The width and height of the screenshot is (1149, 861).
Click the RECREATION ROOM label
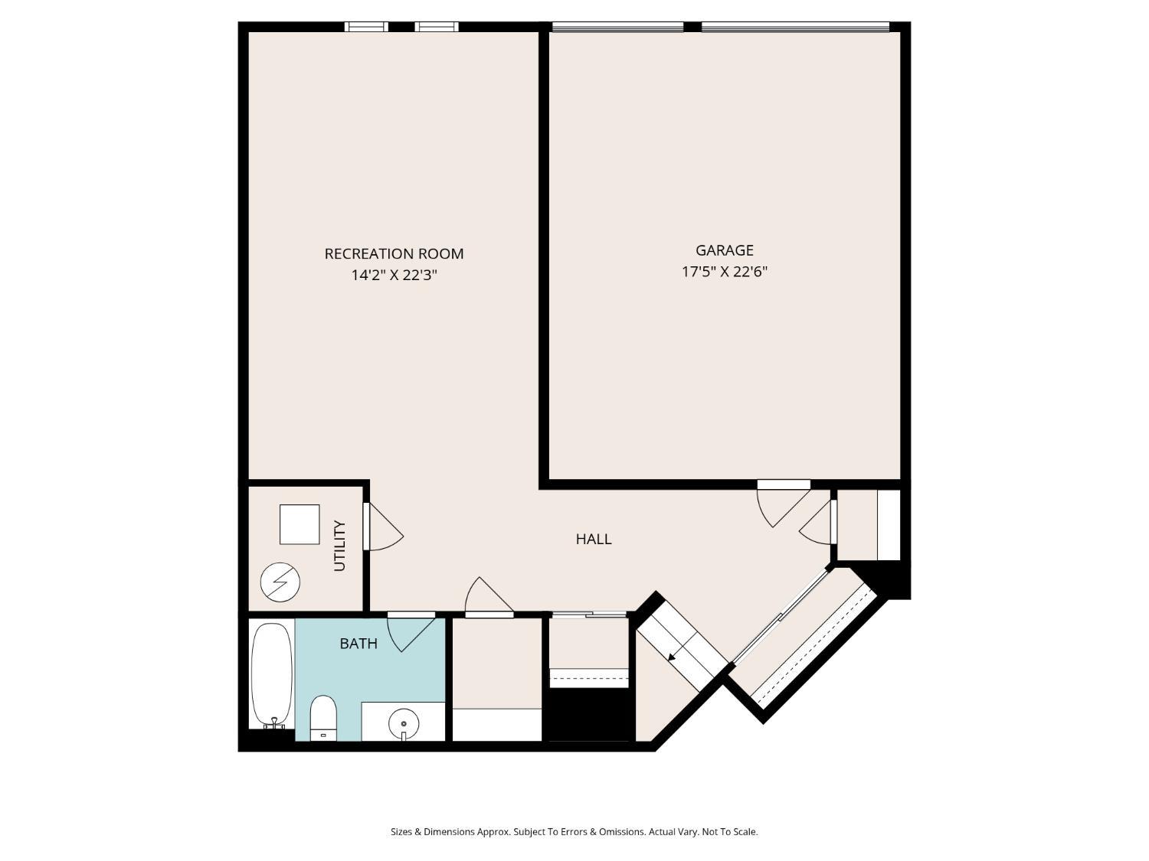(x=394, y=253)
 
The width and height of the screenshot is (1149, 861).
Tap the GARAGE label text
(x=724, y=250)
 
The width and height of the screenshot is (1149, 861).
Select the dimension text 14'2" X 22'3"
(x=394, y=275)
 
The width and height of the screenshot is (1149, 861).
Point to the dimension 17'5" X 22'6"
(x=724, y=271)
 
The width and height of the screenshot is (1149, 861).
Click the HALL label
(x=594, y=539)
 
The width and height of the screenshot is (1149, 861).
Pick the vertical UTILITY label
(x=340, y=546)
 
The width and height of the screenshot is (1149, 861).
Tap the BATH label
(x=358, y=643)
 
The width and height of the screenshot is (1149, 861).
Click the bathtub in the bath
(x=272, y=675)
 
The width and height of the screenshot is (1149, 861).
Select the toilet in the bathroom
(x=323, y=718)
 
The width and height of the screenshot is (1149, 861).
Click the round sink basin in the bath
(x=404, y=722)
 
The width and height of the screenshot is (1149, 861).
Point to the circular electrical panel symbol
(x=280, y=582)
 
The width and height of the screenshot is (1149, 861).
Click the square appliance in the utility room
(x=300, y=524)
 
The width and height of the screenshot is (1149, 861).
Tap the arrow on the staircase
(x=672, y=655)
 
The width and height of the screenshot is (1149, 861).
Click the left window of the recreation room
(x=366, y=27)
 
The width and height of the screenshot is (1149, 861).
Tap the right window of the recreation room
(x=437, y=27)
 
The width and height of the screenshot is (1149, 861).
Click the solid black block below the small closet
(x=589, y=715)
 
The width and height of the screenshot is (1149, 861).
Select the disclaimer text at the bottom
(x=574, y=832)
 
